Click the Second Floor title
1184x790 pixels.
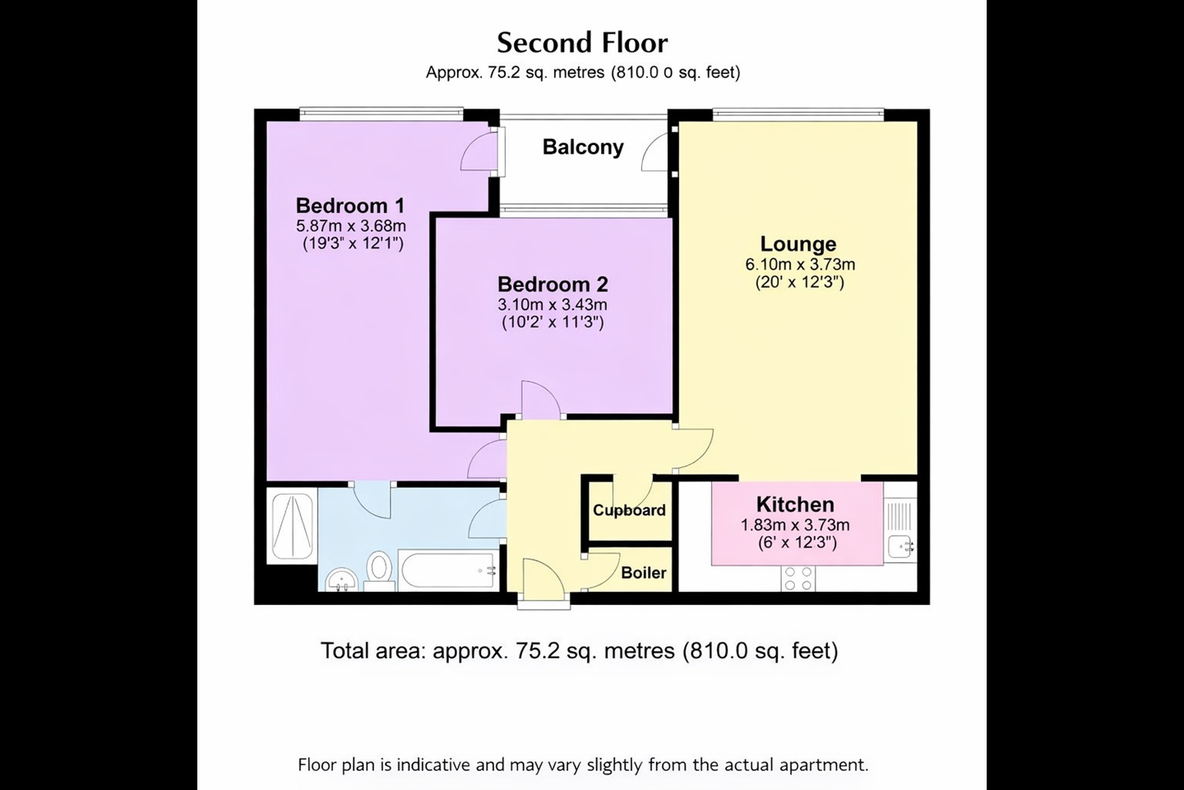(582, 42)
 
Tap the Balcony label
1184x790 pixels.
(583, 147)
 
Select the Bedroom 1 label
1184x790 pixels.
(350, 206)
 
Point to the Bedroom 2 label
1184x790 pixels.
(553, 285)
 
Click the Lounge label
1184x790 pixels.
(798, 244)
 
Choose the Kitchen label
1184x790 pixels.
(795, 504)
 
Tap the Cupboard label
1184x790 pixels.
(629, 510)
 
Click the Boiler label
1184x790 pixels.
(643, 573)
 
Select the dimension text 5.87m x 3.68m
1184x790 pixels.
(351, 225)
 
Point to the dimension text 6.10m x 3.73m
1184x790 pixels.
(800, 264)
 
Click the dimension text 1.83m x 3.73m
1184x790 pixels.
(795, 525)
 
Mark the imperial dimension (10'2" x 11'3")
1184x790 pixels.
(553, 323)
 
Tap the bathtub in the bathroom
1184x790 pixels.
(448, 570)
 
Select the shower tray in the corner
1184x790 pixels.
(291, 526)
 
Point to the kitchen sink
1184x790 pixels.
(900, 546)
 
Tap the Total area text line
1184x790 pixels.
(579, 651)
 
